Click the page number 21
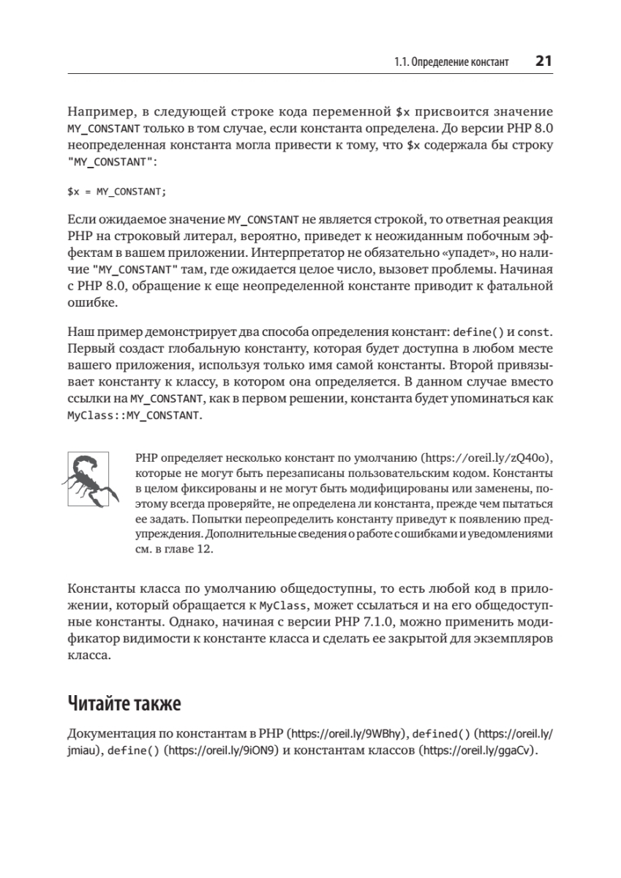[543, 61]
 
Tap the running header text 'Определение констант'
[459, 63]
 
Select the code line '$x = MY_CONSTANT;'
[117, 192]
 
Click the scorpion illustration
[91, 479]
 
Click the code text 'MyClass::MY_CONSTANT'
[133, 415]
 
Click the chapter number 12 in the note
[206, 549]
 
